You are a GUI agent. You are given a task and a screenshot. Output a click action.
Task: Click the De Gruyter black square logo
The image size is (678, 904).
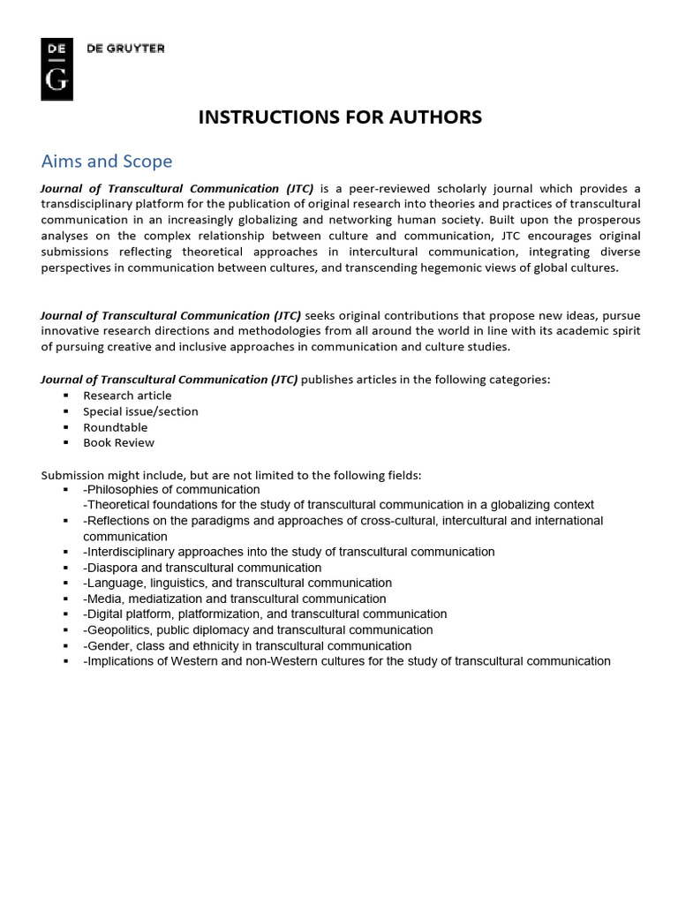pos(56,69)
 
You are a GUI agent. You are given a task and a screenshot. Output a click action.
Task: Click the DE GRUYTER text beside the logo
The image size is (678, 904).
pos(125,49)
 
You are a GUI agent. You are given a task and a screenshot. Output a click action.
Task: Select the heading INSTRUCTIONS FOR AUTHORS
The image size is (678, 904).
pos(340,117)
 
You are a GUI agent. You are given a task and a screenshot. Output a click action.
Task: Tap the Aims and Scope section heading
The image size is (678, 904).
pos(107,162)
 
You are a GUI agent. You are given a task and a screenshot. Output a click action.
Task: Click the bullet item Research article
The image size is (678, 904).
pos(127,395)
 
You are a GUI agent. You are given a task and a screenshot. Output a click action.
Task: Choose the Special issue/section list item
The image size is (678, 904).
pos(140,411)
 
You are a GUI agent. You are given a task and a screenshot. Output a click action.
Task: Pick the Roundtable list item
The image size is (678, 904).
pos(116,427)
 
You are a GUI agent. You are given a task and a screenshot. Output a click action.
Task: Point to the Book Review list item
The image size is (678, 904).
pos(118,442)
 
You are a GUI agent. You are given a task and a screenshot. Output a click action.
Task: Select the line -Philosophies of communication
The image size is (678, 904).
pos(171,490)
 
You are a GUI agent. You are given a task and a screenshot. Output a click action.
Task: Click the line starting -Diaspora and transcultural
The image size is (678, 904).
pos(202,568)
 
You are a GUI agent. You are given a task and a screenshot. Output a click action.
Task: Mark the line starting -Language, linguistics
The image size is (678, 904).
pos(237,583)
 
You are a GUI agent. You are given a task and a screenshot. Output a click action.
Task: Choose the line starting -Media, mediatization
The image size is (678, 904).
pos(234,599)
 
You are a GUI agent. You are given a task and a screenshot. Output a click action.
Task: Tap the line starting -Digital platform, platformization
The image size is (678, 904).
pos(265,614)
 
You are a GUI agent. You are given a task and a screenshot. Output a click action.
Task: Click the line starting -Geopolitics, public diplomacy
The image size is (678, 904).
pos(258,630)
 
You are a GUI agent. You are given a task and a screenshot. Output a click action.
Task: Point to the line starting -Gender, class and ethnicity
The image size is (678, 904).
pos(247,645)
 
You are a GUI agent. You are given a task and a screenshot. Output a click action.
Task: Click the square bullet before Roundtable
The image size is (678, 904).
pos(65,427)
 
